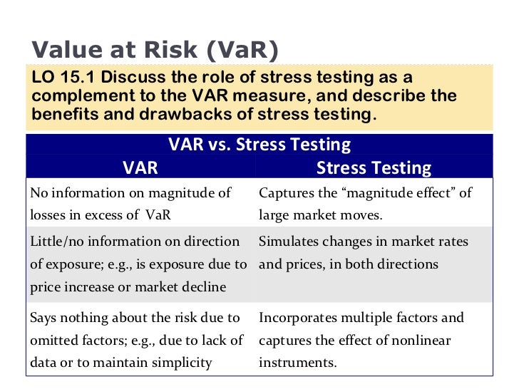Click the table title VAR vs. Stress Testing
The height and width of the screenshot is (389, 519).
259,145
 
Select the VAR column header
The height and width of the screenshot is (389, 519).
140,168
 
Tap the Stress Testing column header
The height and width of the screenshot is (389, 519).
374,168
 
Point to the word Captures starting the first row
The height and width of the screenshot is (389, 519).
284,193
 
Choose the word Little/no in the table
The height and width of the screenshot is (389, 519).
56,242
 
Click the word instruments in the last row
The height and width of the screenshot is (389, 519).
297,362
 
